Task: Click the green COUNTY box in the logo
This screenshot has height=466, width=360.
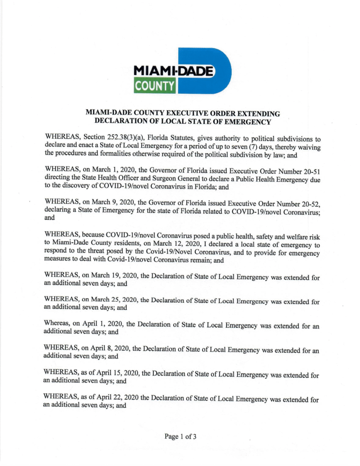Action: point(155,86)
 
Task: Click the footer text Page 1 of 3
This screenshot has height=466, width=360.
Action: point(181,436)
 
